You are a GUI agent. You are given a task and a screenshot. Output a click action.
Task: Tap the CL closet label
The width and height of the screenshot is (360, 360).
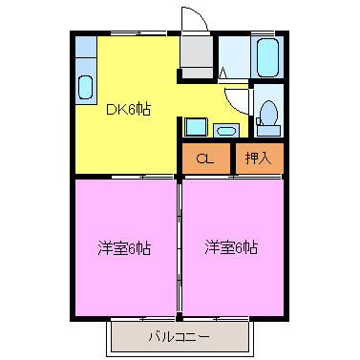pyautogui.click(x=204, y=159)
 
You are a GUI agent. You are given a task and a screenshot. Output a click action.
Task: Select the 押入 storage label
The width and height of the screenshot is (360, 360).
pyautogui.click(x=257, y=159)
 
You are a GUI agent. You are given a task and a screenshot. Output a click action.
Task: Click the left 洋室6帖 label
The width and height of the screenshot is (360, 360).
pyautogui.click(x=124, y=248)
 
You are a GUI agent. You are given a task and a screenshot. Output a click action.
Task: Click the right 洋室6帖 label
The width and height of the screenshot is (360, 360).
pyautogui.click(x=231, y=248)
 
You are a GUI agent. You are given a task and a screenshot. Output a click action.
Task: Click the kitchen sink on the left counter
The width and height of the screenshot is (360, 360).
pyautogui.click(x=86, y=88)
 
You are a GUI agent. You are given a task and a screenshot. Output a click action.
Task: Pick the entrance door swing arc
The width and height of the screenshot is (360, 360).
pyautogui.click(x=191, y=19)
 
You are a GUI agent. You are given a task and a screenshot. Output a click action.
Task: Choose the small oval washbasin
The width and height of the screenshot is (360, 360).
pyautogui.click(x=226, y=129)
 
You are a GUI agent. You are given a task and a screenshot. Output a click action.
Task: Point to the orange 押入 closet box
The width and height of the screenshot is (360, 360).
pyautogui.click(x=259, y=159)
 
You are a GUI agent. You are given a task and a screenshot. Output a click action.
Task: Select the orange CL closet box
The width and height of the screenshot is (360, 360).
pyautogui.click(x=205, y=159)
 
